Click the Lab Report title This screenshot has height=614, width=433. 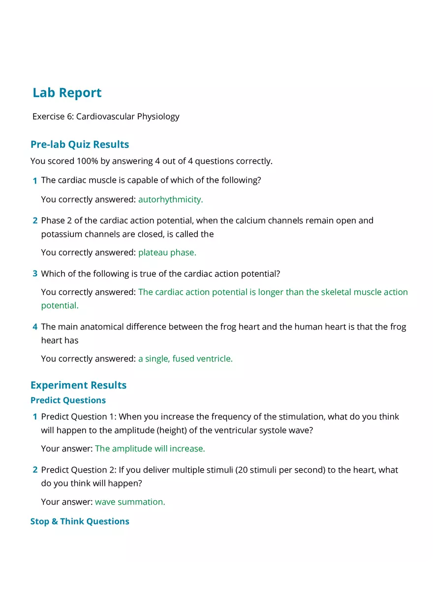coord(67,93)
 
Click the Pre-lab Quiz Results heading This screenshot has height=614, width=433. coord(80,144)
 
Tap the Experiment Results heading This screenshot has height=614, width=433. coord(78,385)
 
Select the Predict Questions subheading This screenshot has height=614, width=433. coord(68,400)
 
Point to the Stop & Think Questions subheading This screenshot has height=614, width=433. coord(80,521)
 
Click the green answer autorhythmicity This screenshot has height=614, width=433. coord(170,199)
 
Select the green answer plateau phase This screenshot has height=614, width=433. coord(167,252)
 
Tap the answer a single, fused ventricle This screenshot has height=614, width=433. coord(185,358)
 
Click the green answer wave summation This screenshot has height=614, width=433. coord(130,502)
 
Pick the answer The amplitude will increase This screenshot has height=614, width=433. coord(150,449)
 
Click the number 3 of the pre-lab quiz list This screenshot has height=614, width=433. coord(35,273)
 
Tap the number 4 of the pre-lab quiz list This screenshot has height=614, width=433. coord(35,326)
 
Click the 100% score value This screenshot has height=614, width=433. coord(87,161)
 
